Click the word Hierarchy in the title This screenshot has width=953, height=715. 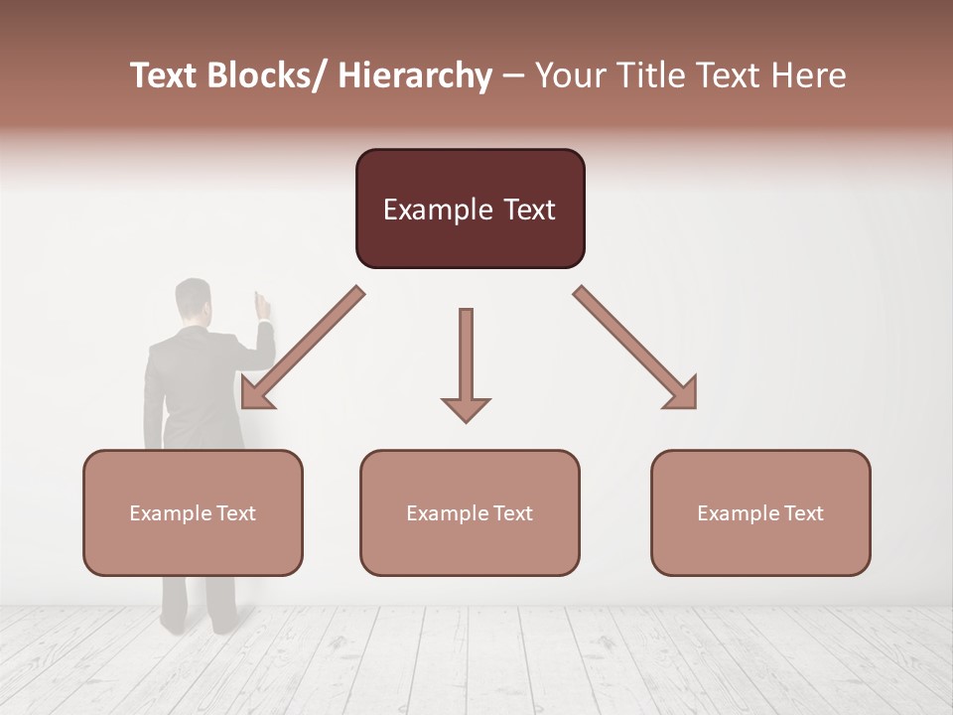[x=415, y=75]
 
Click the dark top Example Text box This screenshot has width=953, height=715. [x=470, y=209]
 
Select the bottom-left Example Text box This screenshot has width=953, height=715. [x=193, y=512]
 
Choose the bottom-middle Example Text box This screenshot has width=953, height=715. [x=470, y=512]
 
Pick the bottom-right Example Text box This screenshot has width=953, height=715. [x=760, y=512]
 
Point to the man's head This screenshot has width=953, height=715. [x=194, y=301]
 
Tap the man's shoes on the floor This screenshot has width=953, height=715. [x=199, y=625]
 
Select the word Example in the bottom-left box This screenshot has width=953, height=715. [x=171, y=513]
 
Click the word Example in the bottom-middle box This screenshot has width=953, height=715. [x=448, y=513]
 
